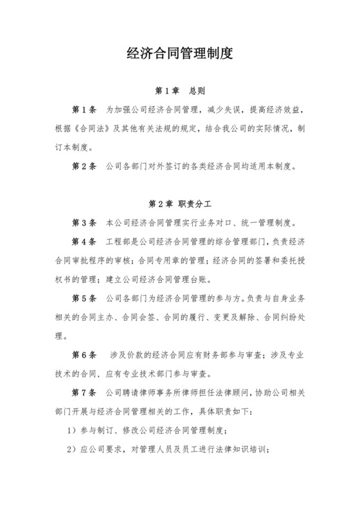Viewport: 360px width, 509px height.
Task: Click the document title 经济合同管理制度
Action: (x=179, y=53)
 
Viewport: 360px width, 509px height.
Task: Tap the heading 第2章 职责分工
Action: (x=180, y=204)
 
